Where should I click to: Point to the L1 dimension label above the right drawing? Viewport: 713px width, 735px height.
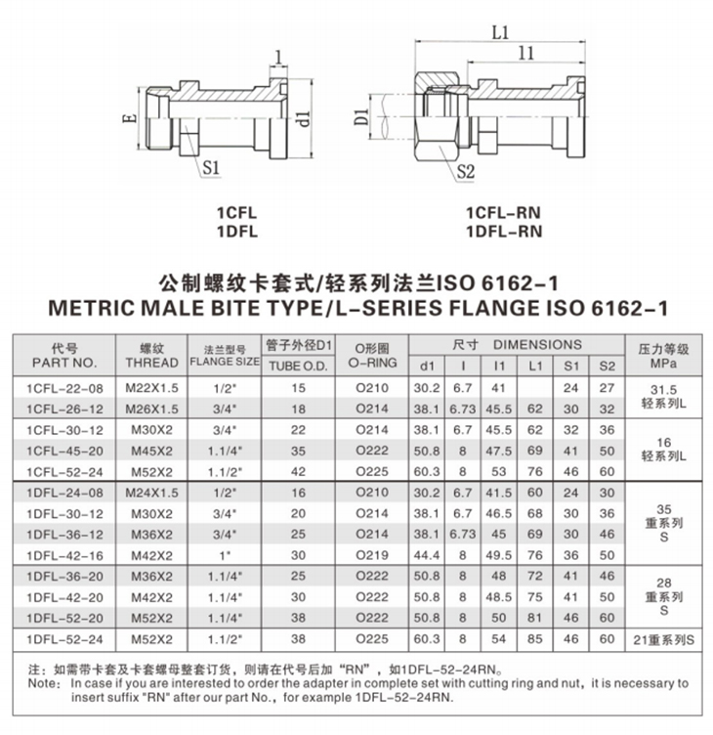coord(500,32)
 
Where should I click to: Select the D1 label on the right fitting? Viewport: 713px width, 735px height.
coord(361,121)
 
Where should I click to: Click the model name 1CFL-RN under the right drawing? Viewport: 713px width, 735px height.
coord(503,212)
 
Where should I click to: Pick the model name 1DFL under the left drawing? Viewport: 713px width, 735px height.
coord(236,231)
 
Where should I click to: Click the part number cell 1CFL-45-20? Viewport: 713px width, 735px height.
coord(63,453)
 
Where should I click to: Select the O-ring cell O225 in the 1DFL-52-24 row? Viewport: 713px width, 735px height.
coord(372,639)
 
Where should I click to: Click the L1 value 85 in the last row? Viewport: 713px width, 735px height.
coord(534,639)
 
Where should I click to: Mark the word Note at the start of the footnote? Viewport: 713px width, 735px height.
coord(41,683)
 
